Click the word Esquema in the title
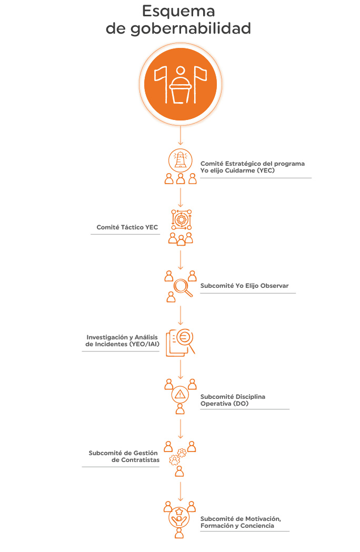pyautogui.click(x=178, y=11)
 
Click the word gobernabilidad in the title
pyautogui.click(x=191, y=28)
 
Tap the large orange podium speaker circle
pyautogui.click(x=181, y=84)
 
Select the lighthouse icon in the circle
pyautogui.click(x=181, y=160)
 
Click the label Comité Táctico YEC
pyautogui.click(x=127, y=227)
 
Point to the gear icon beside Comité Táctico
pyautogui.click(x=181, y=219)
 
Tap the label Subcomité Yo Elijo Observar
pyautogui.click(x=244, y=286)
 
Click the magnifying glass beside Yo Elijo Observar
pyautogui.click(x=183, y=288)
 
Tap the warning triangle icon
pyautogui.click(x=180, y=394)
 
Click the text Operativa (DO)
pyautogui.click(x=224, y=404)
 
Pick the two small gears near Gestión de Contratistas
pyautogui.click(x=177, y=457)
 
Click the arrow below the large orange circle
pyautogui.click(x=181, y=135)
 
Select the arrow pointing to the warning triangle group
pyautogui.click(x=181, y=369)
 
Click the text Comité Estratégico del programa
pyautogui.click(x=253, y=164)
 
